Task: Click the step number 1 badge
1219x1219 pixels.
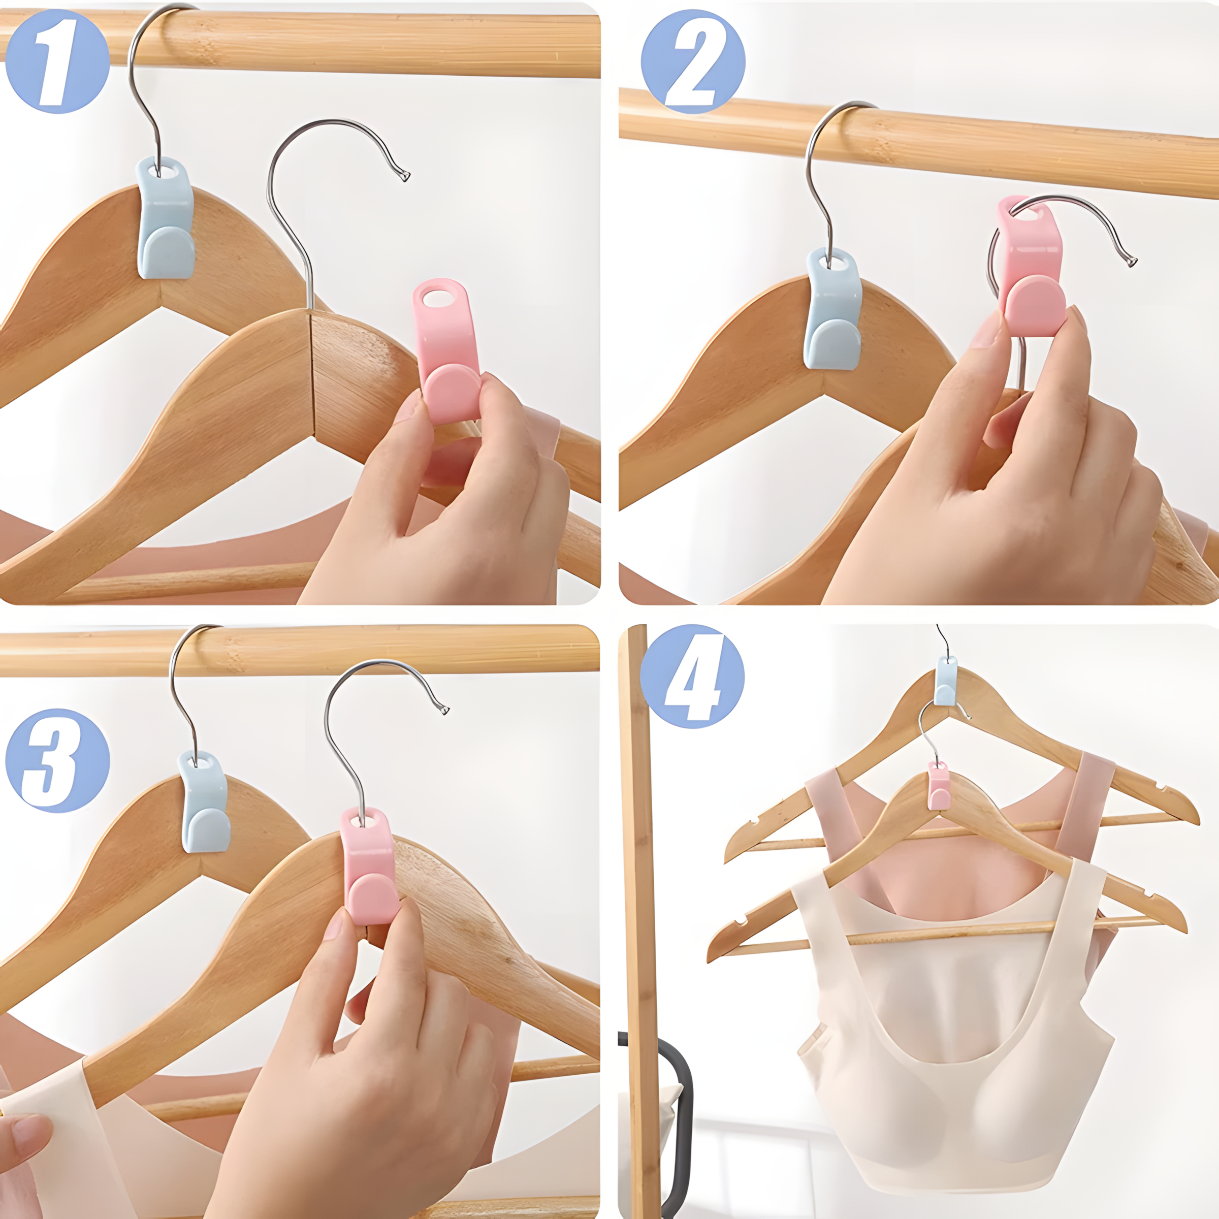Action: pyautogui.click(x=57, y=61)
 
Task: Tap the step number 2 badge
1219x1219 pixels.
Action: pyautogui.click(x=693, y=61)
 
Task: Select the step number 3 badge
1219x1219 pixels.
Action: pyautogui.click(x=57, y=760)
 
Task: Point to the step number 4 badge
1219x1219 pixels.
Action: pyautogui.click(x=692, y=677)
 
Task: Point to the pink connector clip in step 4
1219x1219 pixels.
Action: pyautogui.click(x=940, y=786)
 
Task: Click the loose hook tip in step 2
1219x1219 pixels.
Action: pyautogui.click(x=1131, y=260)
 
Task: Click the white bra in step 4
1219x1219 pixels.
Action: pyautogui.click(x=953, y=1035)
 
